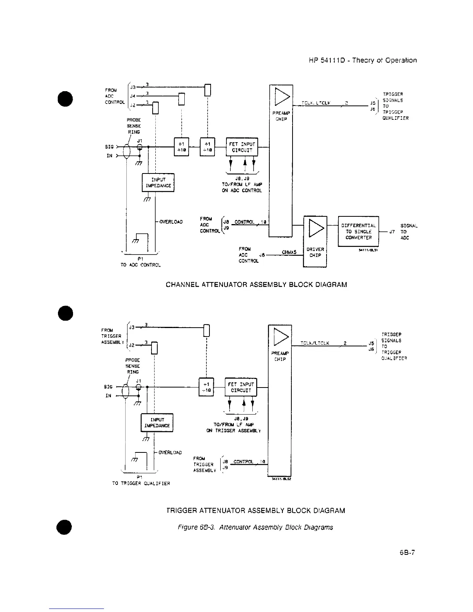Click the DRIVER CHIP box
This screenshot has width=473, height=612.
(x=315, y=241)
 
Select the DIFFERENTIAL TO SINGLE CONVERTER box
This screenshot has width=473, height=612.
(x=358, y=231)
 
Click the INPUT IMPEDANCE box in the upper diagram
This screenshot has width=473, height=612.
(x=158, y=183)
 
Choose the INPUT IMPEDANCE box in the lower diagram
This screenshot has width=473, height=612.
(x=157, y=423)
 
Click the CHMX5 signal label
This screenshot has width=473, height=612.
(x=289, y=253)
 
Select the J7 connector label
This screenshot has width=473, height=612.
(x=392, y=232)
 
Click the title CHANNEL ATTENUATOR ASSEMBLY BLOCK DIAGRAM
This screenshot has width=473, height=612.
(x=256, y=285)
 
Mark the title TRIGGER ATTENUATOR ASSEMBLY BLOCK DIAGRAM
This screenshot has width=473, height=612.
(x=255, y=510)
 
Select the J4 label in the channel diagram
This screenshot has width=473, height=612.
(x=132, y=95)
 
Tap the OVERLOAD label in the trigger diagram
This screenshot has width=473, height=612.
(x=170, y=452)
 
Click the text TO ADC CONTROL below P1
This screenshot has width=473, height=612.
(x=140, y=265)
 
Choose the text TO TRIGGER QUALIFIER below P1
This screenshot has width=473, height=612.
(x=141, y=483)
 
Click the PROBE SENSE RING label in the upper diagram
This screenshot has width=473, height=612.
(x=134, y=126)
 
